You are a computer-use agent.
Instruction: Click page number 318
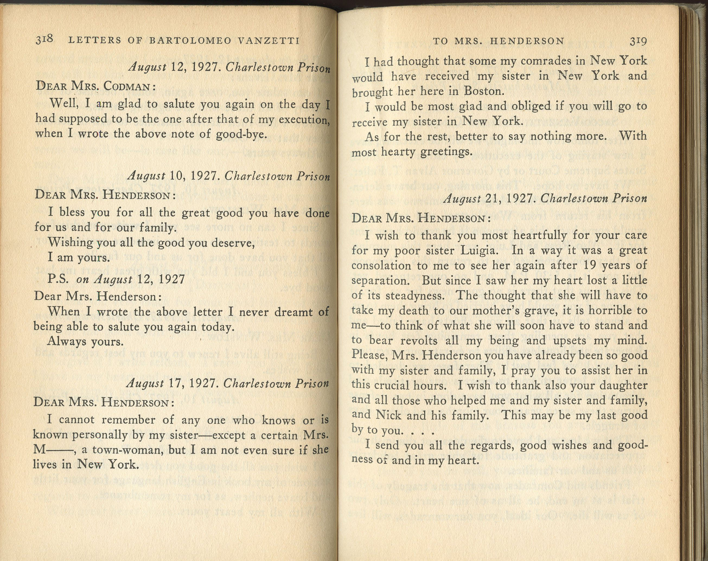coord(44,40)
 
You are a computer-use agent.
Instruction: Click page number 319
coord(638,41)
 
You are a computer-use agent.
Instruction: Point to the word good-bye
coord(241,134)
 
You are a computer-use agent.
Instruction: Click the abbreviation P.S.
coord(58,279)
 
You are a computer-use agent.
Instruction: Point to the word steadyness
coord(415,296)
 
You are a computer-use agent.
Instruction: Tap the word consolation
coord(381,265)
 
